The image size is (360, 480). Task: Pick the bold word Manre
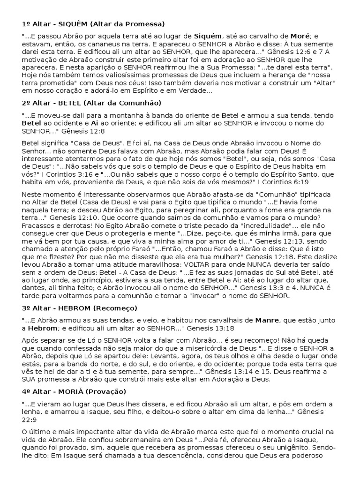(267, 320)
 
